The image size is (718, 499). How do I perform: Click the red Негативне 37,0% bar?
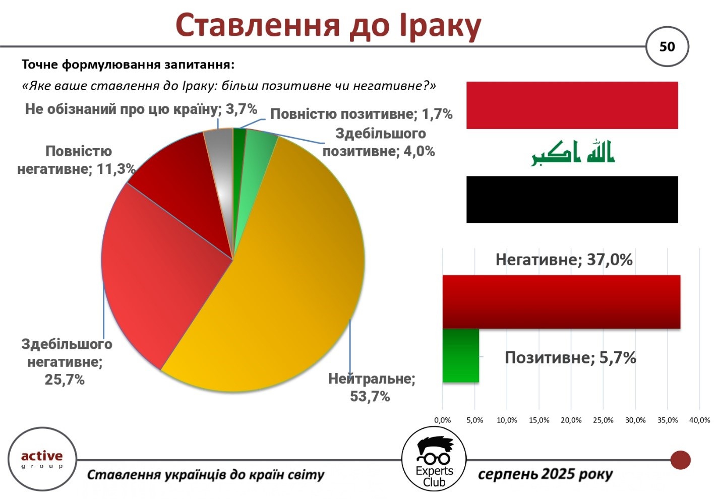point(561,301)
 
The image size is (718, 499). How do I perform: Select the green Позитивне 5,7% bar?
point(461,356)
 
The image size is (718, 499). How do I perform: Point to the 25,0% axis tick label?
point(603,420)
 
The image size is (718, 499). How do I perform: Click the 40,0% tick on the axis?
point(700,420)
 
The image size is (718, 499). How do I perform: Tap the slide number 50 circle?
point(667,47)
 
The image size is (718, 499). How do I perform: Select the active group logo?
point(42,459)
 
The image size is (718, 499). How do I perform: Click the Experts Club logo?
point(434,459)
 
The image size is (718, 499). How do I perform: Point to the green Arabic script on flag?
point(572,153)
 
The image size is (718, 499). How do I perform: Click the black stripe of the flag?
point(572,199)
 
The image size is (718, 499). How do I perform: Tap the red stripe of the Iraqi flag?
point(572,105)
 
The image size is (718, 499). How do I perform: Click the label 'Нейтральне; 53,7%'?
point(371,388)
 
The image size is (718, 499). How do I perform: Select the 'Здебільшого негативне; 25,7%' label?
point(67,362)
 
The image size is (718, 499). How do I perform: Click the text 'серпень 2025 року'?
point(545,474)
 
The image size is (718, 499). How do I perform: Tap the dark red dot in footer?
point(681,460)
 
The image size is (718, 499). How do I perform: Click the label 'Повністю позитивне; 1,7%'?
point(361,114)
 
